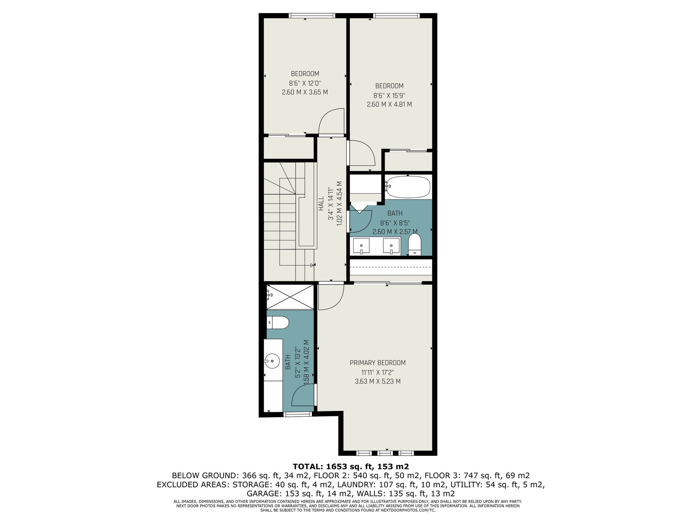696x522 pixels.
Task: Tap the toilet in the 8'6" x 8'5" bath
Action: coord(414,244)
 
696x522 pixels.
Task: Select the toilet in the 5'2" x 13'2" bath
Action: coord(278,323)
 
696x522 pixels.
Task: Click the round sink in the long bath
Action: coord(272,361)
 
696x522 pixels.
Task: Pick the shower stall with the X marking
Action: coord(290,297)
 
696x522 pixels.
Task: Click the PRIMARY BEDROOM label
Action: coord(377,363)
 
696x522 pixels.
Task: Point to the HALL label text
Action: coord(321,204)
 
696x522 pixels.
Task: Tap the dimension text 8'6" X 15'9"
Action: coord(389,95)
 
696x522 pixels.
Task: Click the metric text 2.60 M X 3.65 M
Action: coord(305,92)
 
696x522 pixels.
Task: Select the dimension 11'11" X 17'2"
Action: coord(377,372)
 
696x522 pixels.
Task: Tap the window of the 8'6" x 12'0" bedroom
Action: coord(312,15)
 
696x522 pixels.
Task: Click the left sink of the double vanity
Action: coord(361,246)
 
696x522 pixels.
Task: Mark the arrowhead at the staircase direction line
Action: coord(313,265)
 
